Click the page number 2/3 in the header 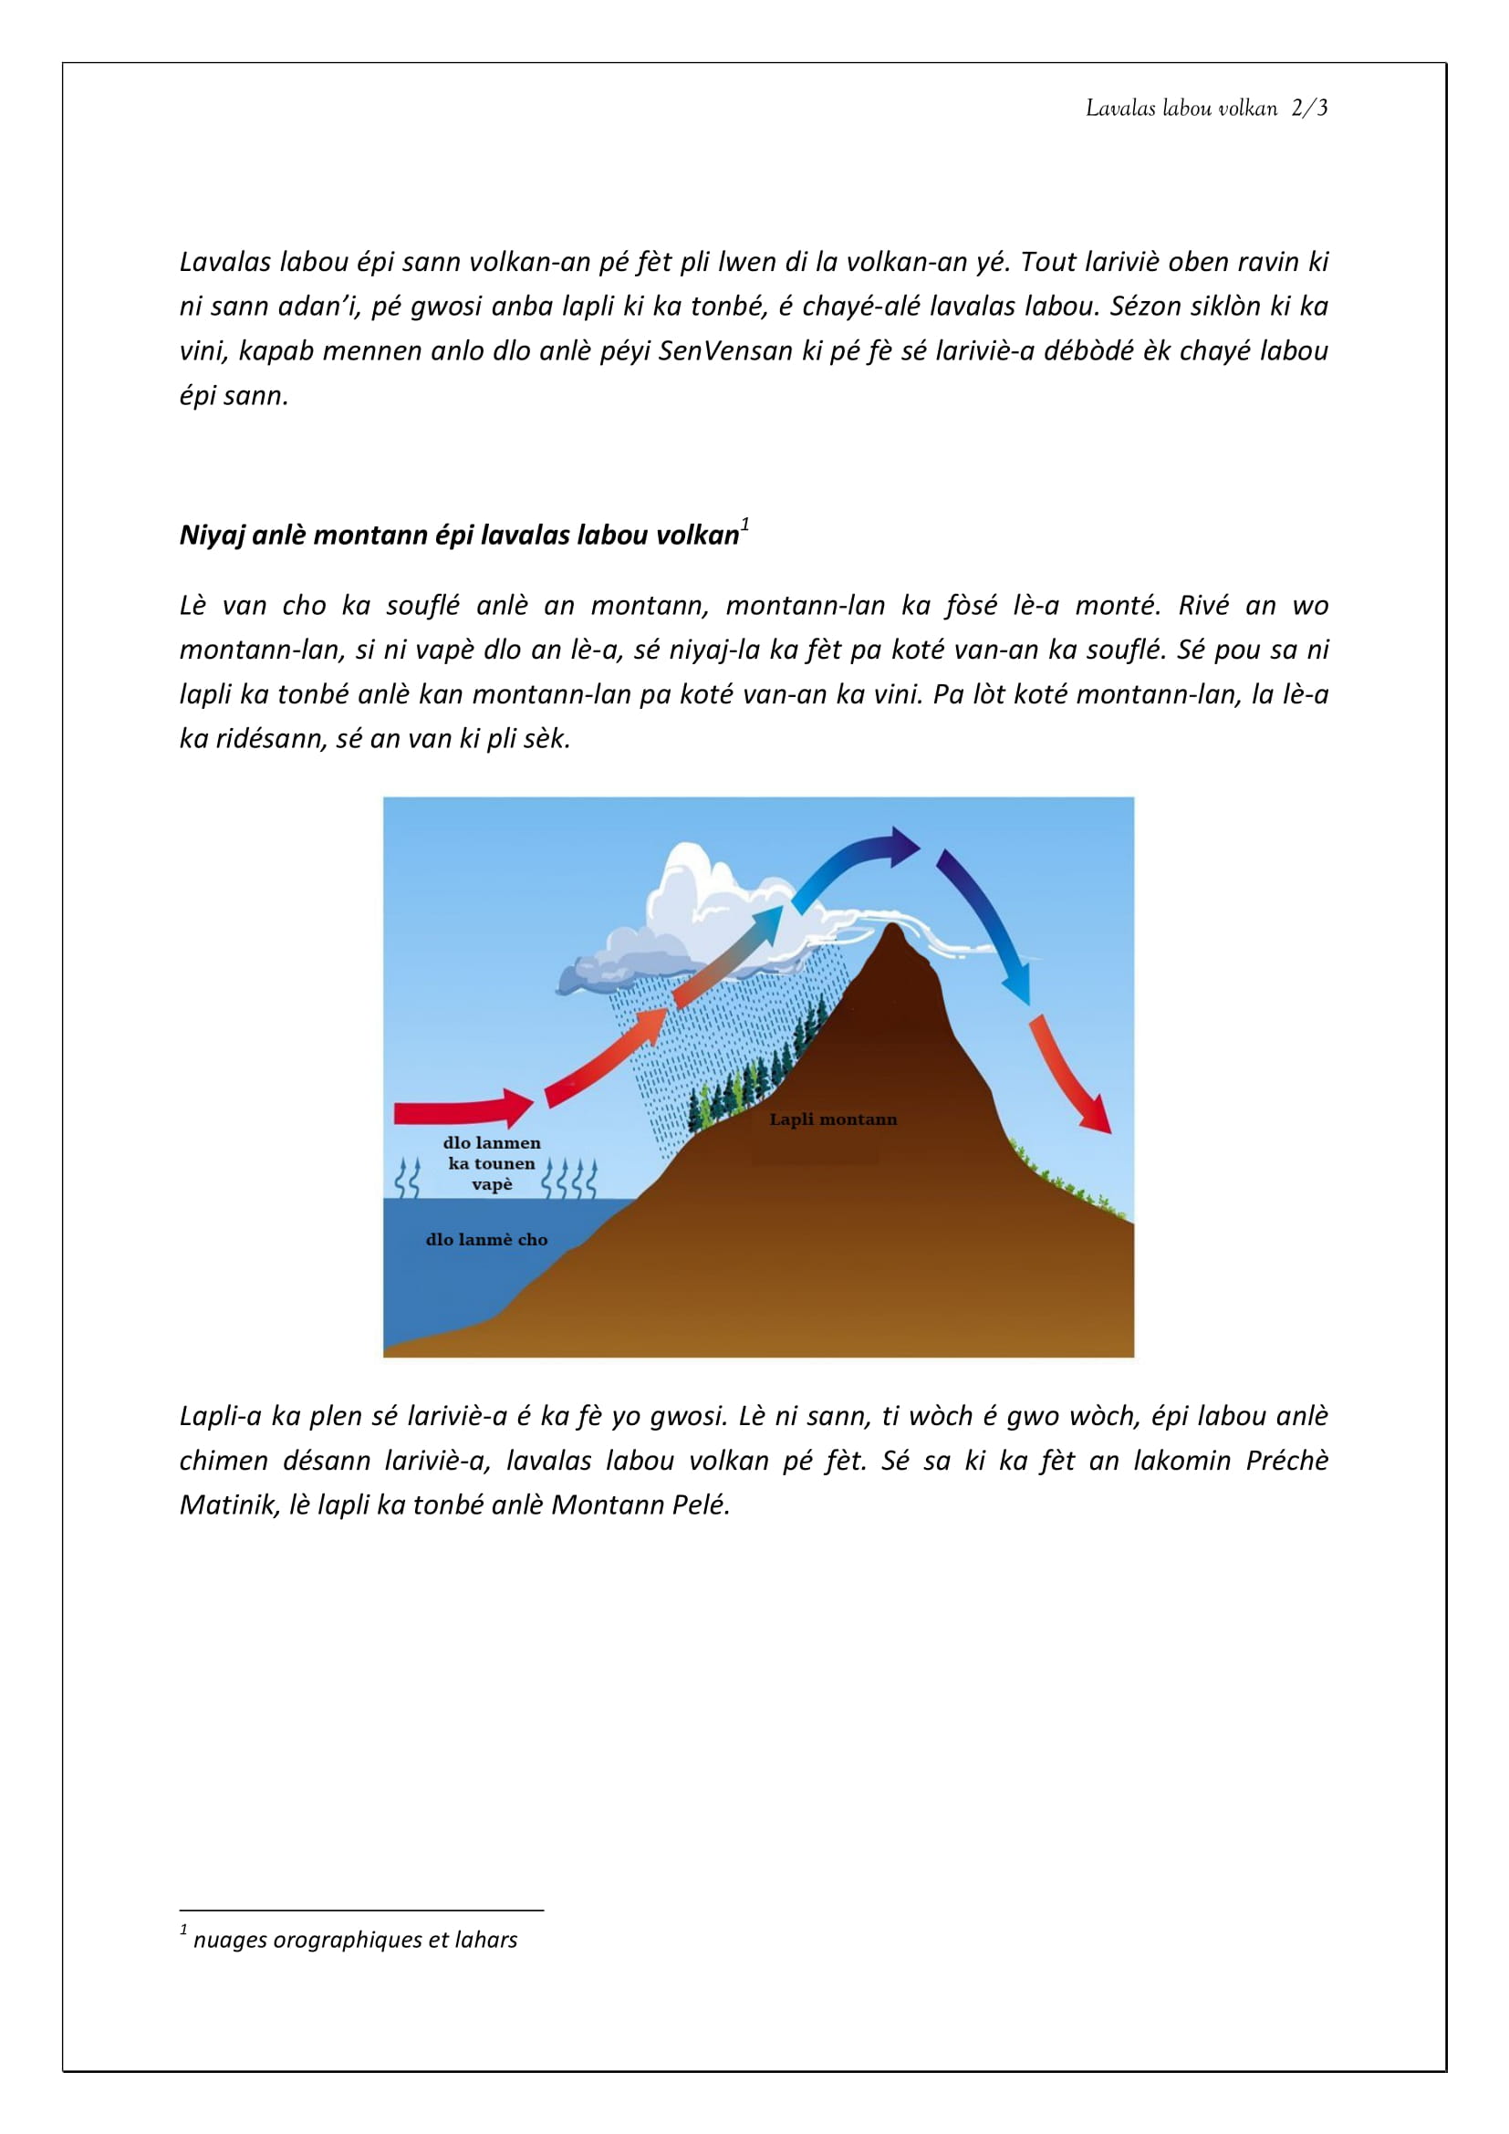click(x=1309, y=109)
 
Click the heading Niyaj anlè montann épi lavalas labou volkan click(x=459, y=536)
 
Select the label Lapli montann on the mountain click(x=833, y=1120)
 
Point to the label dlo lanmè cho click(x=486, y=1240)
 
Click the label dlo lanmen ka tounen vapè click(x=492, y=1163)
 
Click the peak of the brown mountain click(x=892, y=929)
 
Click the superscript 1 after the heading click(x=745, y=526)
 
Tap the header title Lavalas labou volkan click(x=1181, y=109)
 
